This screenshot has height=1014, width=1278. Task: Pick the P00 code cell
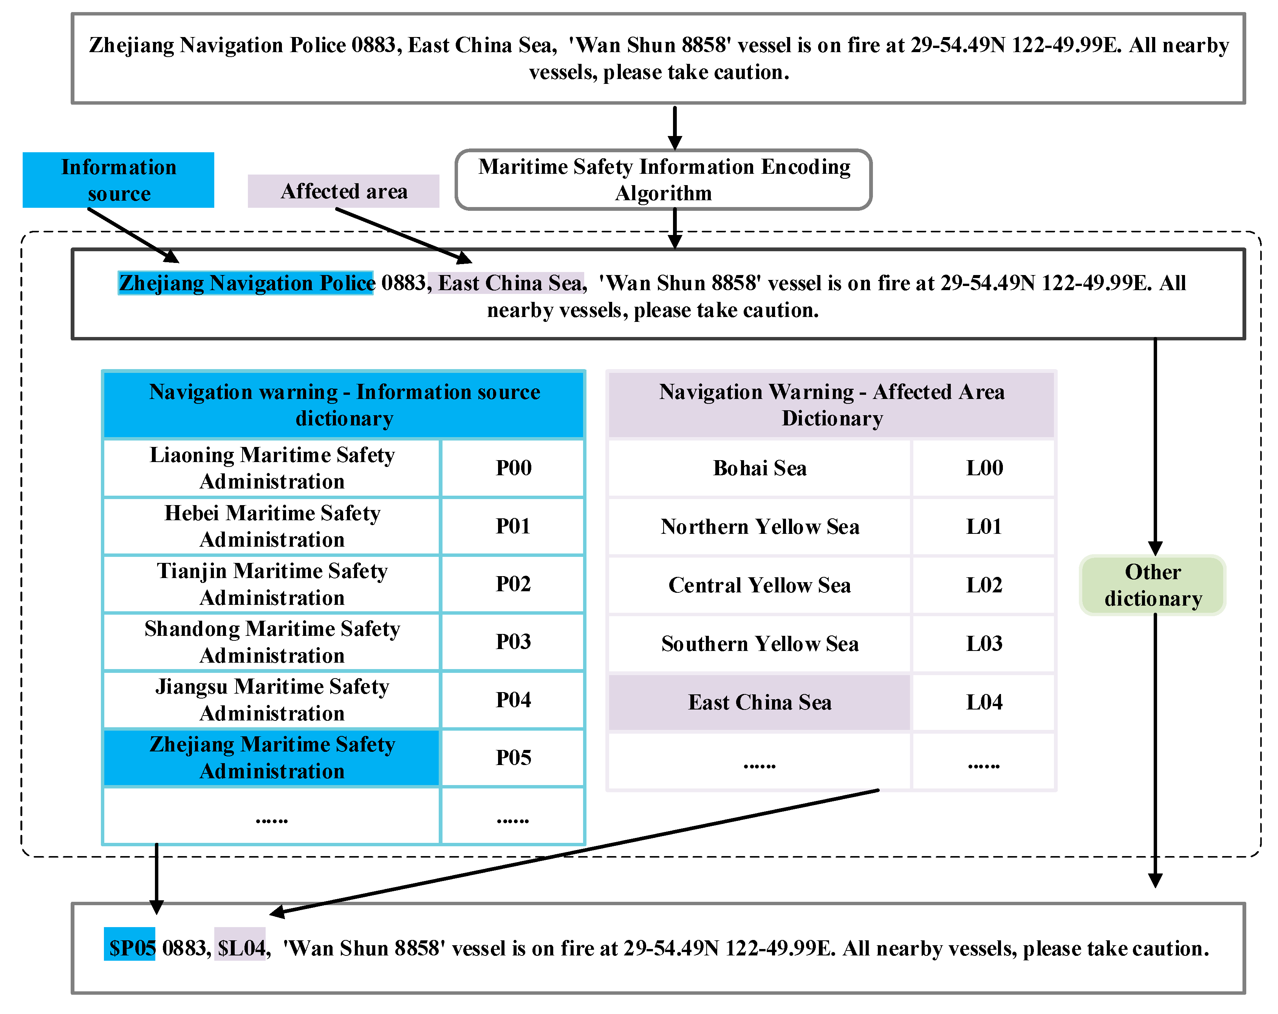[x=513, y=468]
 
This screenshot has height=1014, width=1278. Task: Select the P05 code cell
[x=513, y=757]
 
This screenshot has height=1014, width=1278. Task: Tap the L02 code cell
[x=984, y=585]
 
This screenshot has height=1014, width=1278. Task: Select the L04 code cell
[x=984, y=702]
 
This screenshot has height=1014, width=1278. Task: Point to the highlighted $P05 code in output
[x=130, y=948]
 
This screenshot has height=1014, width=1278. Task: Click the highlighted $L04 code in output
[x=240, y=948]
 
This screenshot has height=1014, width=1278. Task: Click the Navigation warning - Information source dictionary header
[x=344, y=405]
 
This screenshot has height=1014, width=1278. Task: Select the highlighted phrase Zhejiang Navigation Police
[x=246, y=283]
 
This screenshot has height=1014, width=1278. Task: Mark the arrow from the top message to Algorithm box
[x=675, y=127]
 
